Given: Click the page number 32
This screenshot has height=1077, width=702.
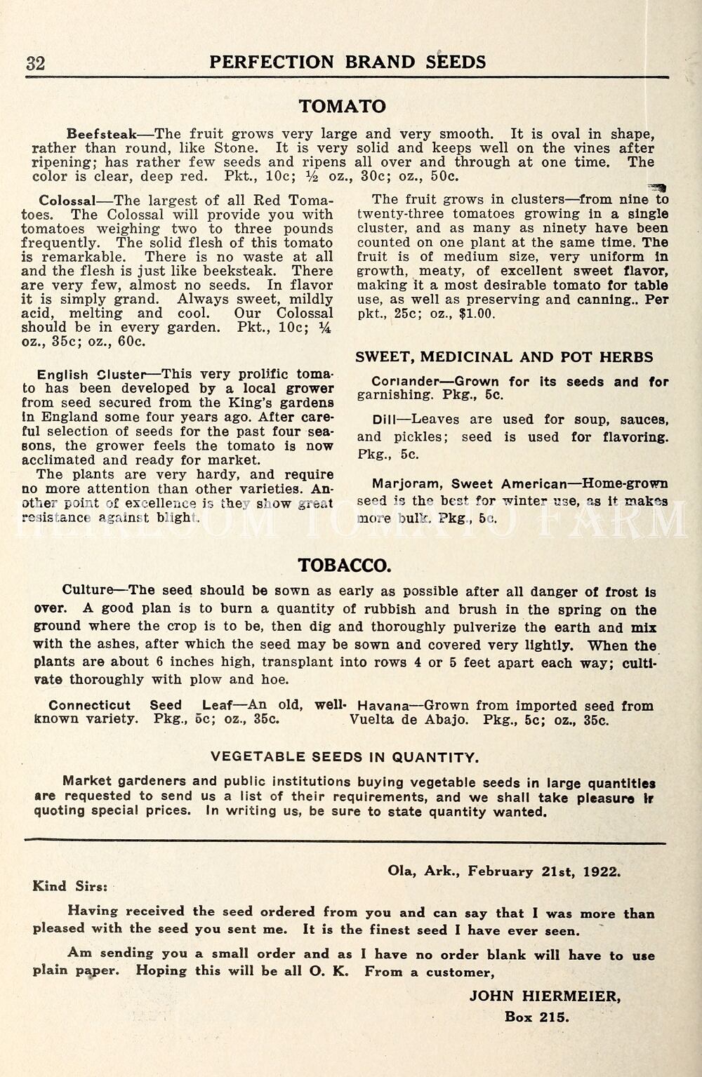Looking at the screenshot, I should pos(36,63).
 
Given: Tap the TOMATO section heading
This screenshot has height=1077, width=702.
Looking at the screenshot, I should pos(342,106).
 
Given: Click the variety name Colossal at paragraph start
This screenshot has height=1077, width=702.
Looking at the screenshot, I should pos(67,201).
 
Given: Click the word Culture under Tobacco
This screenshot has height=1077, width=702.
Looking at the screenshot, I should pos(88,590).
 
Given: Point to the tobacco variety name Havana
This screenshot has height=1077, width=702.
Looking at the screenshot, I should pos(383,706).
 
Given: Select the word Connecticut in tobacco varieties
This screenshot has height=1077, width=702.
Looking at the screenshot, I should pos(89,706).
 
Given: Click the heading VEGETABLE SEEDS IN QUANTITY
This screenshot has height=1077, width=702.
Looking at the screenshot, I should pos(345,757).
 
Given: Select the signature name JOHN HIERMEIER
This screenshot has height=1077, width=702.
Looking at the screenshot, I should pos(545,996).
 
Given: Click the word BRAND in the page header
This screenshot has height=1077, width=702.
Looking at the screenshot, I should pos(380,62).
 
